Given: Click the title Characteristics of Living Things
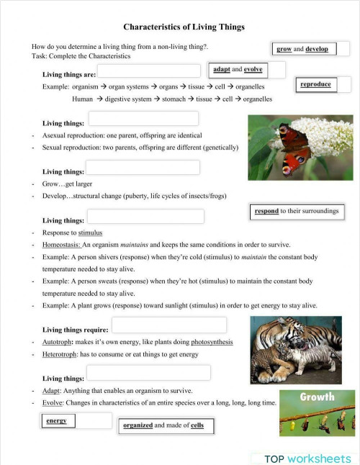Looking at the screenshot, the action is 184,27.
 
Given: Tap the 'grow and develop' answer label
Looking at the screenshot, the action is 302,49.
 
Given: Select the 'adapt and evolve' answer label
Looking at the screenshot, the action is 238,69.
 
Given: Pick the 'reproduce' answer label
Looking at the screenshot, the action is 315,84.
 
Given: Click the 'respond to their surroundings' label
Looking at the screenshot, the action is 296,212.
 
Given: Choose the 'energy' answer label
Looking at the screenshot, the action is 56,420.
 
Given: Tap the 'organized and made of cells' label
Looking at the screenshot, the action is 163,425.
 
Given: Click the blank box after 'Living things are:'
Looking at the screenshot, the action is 149,71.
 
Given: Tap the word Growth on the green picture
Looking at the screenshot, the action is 317,397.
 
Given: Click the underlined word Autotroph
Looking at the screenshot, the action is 57,342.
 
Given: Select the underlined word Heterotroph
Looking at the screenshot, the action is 60,354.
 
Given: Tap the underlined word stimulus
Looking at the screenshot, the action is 90,232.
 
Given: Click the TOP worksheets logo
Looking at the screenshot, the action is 307,459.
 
